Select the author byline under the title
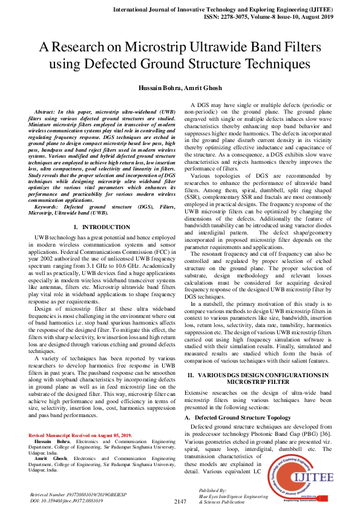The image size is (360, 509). (180, 89)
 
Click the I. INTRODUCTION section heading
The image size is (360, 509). (97, 227)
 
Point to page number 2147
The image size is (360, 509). (180, 502)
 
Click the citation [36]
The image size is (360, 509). (324, 426)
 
